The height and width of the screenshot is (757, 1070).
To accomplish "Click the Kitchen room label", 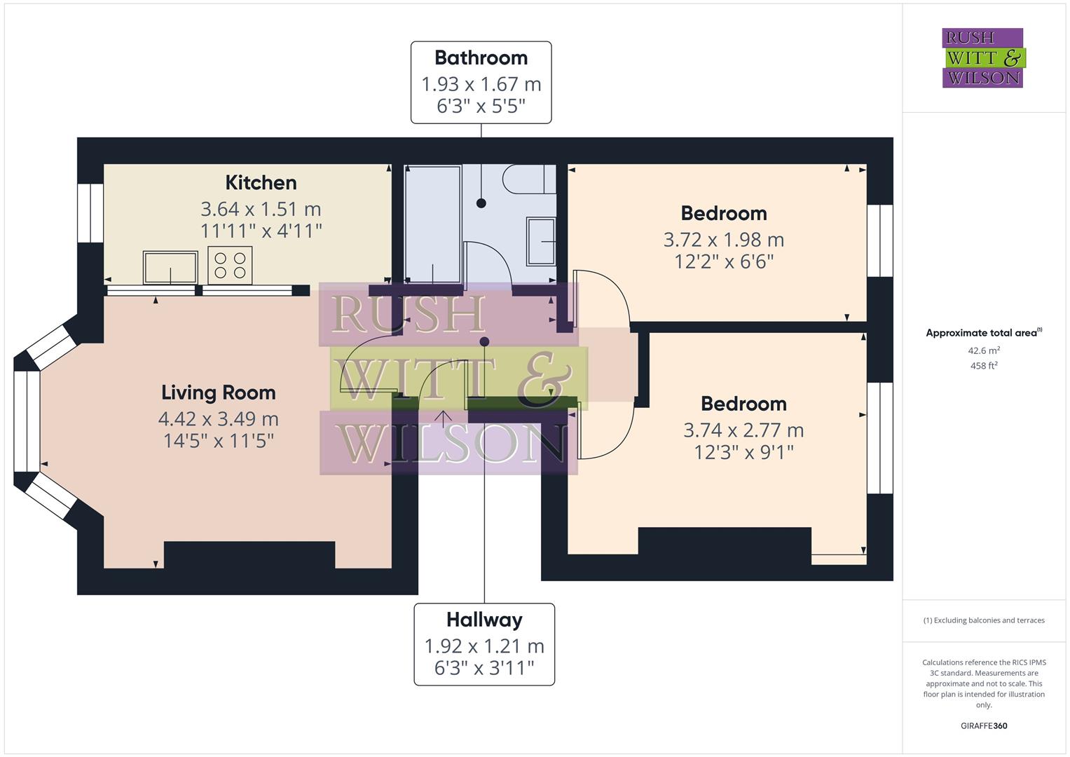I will [261, 183].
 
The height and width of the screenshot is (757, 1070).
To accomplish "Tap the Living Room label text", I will [218, 393].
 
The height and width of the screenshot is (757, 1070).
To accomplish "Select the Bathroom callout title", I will [481, 58].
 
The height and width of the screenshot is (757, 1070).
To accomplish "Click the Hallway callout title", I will [484, 620].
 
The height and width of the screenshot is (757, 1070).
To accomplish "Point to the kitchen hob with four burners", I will [230, 266].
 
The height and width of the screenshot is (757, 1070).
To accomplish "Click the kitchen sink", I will [170, 268].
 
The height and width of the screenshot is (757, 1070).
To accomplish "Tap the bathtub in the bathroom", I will [432, 224].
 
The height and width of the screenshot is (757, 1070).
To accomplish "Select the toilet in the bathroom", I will [529, 179].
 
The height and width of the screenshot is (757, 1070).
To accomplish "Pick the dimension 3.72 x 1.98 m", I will [723, 240].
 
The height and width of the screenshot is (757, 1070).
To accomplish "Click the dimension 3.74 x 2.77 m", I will [743, 430].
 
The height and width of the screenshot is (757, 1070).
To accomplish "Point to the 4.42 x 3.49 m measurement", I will [218, 419].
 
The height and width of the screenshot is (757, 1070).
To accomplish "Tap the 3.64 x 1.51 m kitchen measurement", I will [261, 209].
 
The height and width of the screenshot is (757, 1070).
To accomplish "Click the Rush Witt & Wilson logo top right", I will [982, 58].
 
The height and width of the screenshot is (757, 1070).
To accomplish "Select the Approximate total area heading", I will [983, 333].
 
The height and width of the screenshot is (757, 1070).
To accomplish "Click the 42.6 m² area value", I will [983, 350].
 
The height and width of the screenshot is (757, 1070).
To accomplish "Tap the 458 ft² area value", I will [983, 366].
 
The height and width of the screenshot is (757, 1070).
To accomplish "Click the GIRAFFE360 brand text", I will [983, 725].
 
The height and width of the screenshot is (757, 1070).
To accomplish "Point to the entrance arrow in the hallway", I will [443, 418].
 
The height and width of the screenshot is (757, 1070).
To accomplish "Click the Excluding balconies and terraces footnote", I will [983, 620].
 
